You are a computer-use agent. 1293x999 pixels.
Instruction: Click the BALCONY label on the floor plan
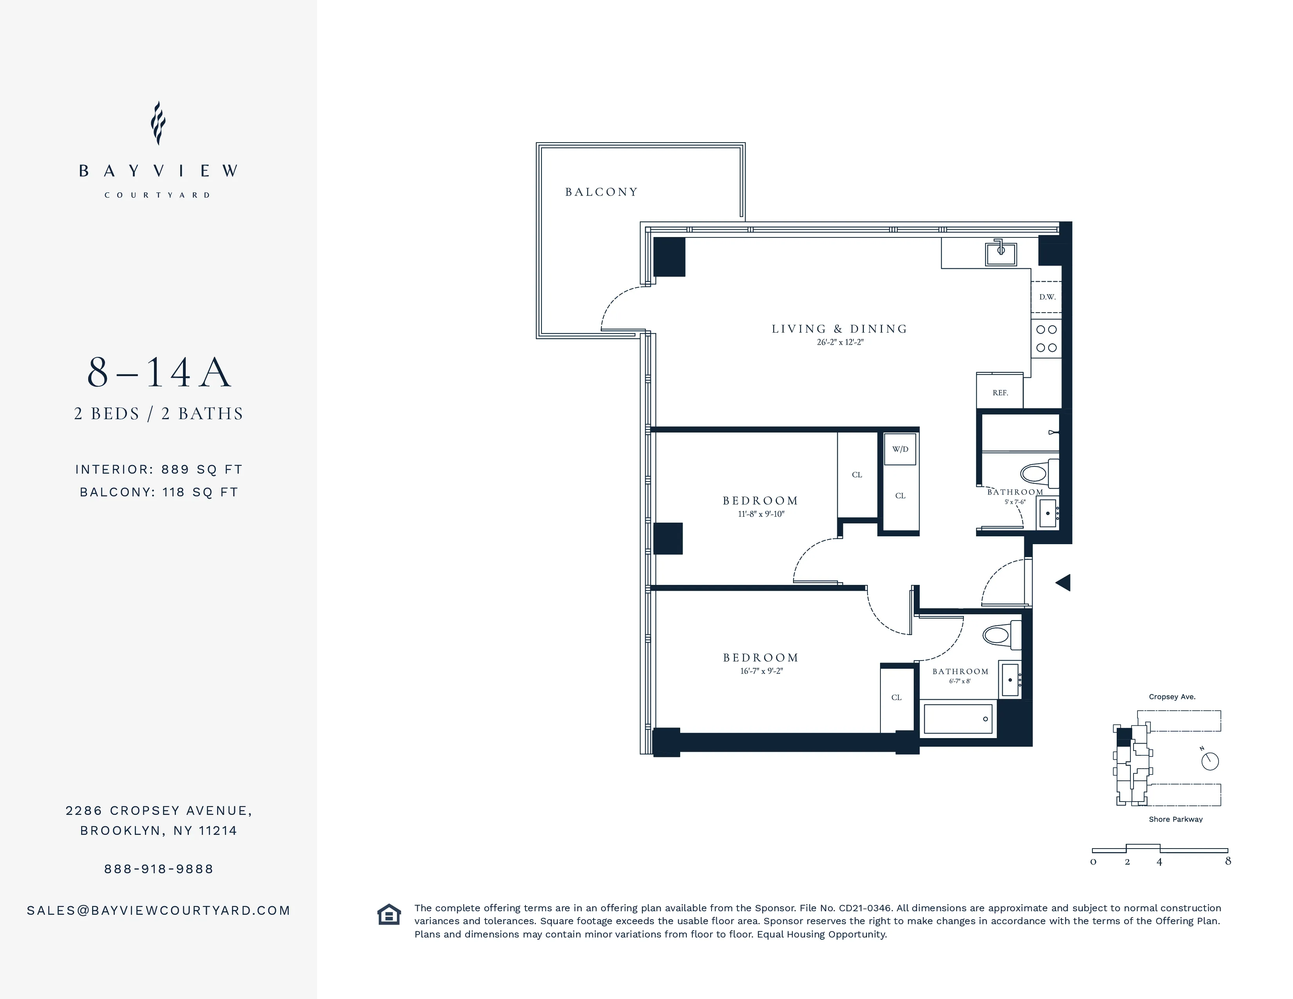(x=601, y=192)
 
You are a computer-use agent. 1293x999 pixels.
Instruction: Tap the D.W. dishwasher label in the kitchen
(x=1047, y=297)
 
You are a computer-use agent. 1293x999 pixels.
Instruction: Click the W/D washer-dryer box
(x=900, y=449)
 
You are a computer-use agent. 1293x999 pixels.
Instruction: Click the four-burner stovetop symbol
(x=1046, y=338)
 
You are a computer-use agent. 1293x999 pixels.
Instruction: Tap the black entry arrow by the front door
(x=1063, y=583)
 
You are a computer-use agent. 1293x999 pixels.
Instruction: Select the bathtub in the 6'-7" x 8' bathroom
(x=958, y=719)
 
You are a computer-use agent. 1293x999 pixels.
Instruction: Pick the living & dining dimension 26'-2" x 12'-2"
(x=840, y=342)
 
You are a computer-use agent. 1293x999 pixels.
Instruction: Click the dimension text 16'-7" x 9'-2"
(x=761, y=671)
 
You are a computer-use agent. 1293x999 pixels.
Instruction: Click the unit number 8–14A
(x=159, y=373)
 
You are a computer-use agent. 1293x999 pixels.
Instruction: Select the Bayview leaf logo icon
(x=158, y=123)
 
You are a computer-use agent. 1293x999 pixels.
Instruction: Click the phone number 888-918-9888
(x=159, y=869)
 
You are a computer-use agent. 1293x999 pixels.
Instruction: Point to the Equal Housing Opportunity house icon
(x=389, y=914)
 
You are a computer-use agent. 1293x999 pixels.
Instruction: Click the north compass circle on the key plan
(x=1210, y=762)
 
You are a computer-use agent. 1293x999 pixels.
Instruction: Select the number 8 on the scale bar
(x=1228, y=861)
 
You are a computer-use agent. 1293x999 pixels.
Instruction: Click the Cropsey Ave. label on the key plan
(x=1172, y=697)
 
